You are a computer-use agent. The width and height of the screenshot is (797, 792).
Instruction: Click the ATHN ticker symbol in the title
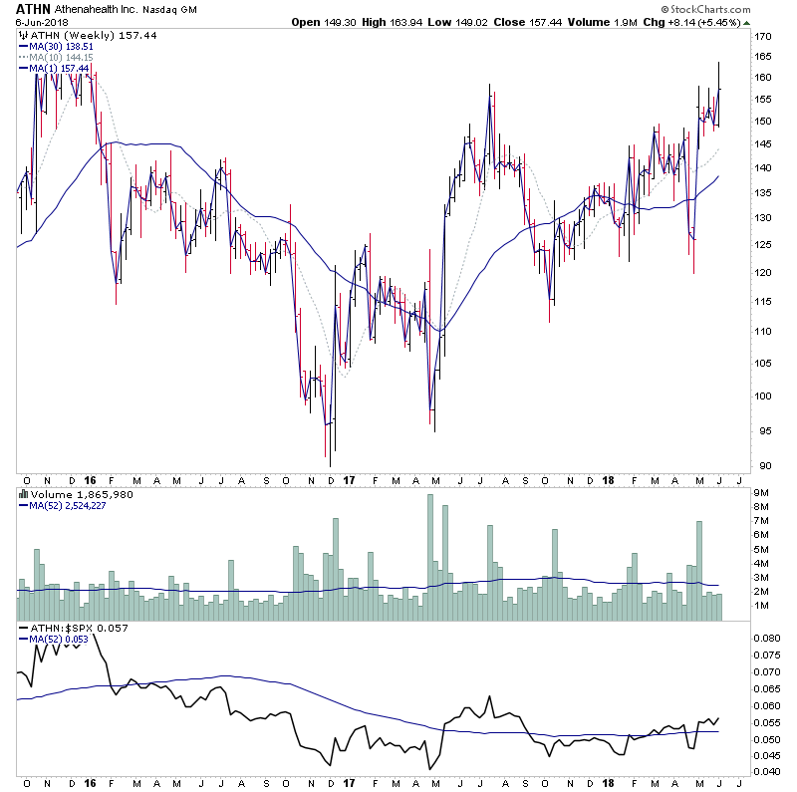(x=34, y=9)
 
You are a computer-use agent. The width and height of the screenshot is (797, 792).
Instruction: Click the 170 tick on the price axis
(x=763, y=37)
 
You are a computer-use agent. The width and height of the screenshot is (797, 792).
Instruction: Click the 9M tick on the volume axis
(x=761, y=492)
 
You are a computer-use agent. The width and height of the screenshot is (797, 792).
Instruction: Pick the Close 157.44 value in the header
(x=540, y=22)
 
